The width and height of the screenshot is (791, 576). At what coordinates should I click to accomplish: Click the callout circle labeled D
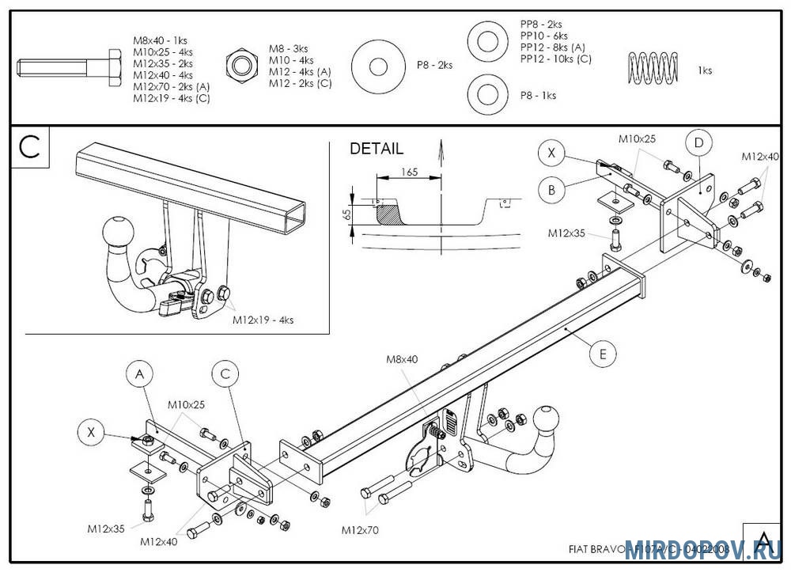click(x=698, y=143)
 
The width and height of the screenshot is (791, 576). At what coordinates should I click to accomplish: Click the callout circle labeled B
click(x=551, y=190)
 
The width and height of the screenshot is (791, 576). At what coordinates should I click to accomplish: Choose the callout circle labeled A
click(x=139, y=373)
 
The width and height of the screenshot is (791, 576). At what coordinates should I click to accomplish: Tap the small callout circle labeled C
click(x=225, y=373)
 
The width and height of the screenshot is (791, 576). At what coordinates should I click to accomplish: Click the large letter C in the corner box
click(x=30, y=147)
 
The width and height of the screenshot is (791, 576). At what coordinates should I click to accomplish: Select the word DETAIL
click(x=377, y=149)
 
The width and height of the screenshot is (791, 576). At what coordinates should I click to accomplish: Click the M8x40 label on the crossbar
click(x=401, y=359)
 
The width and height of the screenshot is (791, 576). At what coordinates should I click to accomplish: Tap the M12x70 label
click(x=360, y=529)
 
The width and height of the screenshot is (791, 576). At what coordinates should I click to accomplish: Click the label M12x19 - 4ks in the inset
click(x=263, y=320)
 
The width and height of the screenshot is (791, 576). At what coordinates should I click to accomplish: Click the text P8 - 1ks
click(x=538, y=95)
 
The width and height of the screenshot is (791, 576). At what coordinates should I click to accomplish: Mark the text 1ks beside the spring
click(x=705, y=70)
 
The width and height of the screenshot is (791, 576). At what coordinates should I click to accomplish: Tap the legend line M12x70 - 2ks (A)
click(x=171, y=86)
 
